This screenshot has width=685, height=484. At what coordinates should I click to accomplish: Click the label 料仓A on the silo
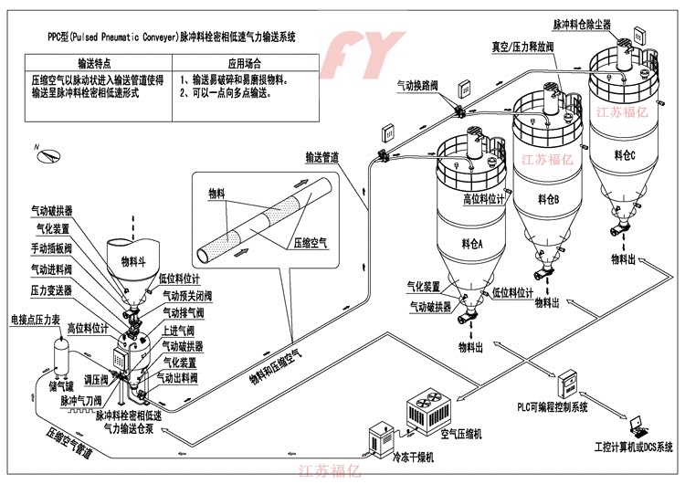(471, 243)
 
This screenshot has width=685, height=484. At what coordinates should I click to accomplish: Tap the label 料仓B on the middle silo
(548, 198)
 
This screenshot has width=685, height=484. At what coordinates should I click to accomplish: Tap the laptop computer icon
(640, 423)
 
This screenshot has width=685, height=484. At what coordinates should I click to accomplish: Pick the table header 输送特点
(93, 65)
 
